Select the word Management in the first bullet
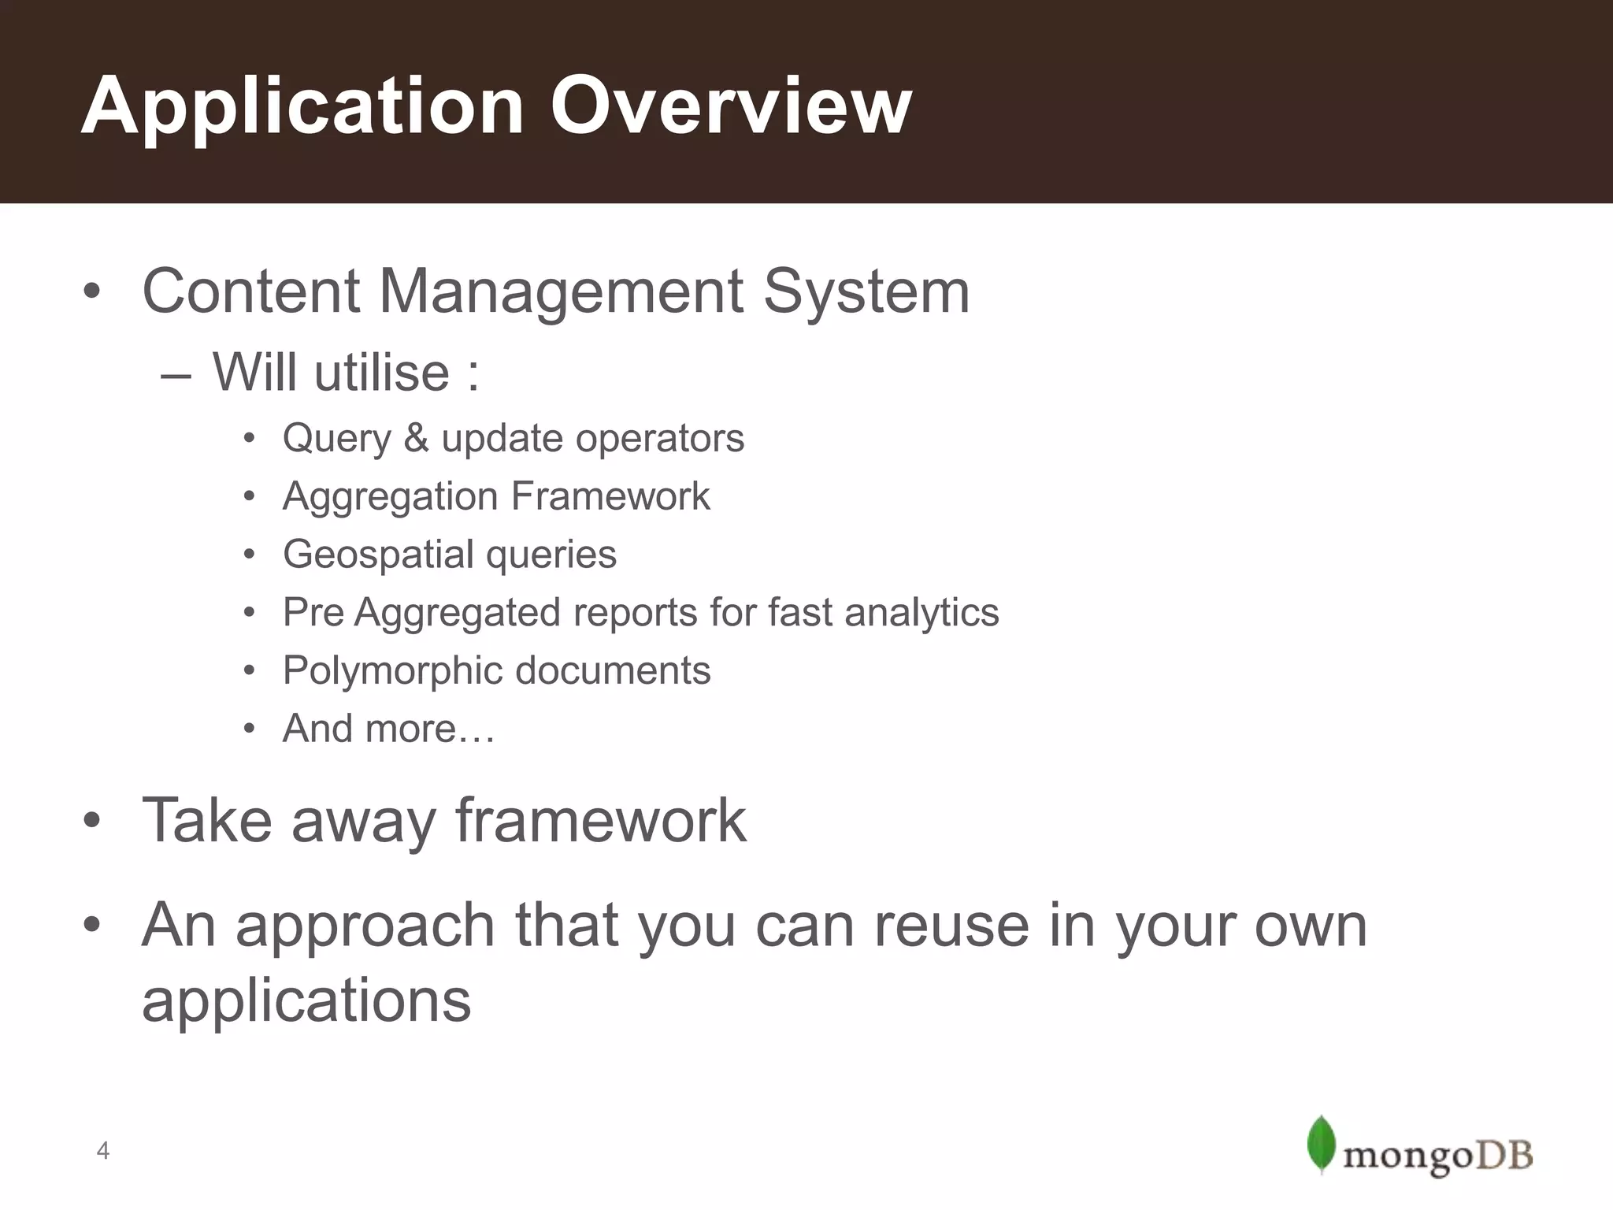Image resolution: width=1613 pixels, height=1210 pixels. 562,291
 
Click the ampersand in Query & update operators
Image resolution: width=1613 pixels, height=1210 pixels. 416,438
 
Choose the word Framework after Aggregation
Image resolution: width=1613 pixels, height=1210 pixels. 610,496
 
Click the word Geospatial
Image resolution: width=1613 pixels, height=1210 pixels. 378,555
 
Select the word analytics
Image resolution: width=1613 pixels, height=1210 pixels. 921,613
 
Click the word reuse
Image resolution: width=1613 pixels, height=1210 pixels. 951,925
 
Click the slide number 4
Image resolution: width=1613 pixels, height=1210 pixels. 102,1152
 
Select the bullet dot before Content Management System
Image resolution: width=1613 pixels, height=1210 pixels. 92,292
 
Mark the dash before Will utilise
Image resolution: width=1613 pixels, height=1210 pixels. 175,375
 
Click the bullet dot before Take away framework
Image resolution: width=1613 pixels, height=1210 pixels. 92,822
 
